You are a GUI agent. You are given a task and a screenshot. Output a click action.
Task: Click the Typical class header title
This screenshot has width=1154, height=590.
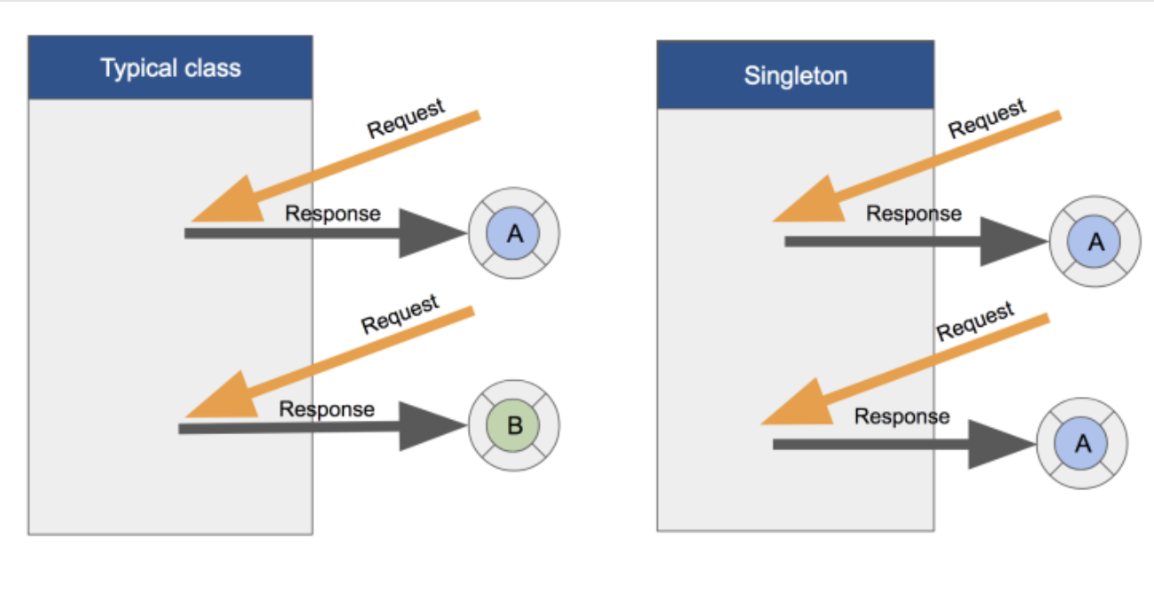pyautogui.click(x=170, y=68)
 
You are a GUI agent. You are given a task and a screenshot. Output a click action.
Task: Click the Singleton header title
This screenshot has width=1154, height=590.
pyautogui.click(x=795, y=75)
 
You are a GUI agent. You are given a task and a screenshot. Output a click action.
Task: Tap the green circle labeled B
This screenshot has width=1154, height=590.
pyautogui.click(x=514, y=426)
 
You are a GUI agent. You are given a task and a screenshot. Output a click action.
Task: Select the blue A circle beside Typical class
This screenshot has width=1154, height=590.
pyautogui.click(x=514, y=234)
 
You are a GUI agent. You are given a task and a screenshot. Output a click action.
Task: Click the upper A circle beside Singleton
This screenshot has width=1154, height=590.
pyautogui.click(x=1096, y=242)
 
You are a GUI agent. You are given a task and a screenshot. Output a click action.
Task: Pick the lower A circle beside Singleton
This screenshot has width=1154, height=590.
pyautogui.click(x=1082, y=444)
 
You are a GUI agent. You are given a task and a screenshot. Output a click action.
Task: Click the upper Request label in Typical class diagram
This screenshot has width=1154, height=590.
pyautogui.click(x=406, y=119)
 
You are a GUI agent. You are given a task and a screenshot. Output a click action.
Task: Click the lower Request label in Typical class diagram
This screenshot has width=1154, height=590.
pyautogui.click(x=400, y=314)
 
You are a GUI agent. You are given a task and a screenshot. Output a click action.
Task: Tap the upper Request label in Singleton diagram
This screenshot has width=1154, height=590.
pyautogui.click(x=986, y=118)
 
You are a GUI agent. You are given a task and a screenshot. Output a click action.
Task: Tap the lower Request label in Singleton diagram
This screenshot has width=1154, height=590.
pyautogui.click(x=975, y=321)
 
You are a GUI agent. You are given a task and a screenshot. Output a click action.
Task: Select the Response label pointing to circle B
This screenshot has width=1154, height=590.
pyautogui.click(x=326, y=409)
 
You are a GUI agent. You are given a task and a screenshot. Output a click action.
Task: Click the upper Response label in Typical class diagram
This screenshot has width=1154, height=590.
pyautogui.click(x=332, y=213)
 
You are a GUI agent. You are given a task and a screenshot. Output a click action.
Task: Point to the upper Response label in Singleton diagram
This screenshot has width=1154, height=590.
pyautogui.click(x=913, y=213)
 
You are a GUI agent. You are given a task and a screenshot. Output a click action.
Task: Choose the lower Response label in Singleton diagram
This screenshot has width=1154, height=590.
pyautogui.click(x=901, y=416)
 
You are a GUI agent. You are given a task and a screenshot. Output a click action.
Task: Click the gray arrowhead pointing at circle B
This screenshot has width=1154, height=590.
pyautogui.click(x=429, y=427)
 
